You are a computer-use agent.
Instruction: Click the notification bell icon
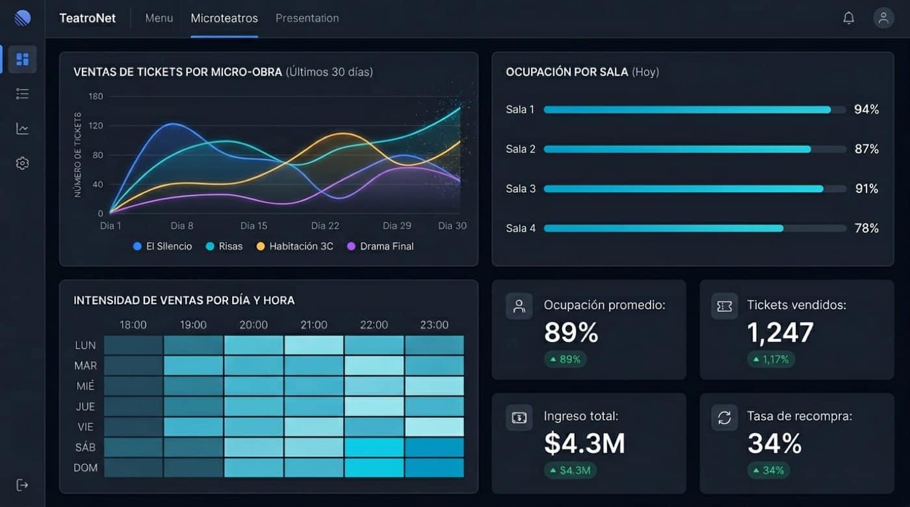coord(848,18)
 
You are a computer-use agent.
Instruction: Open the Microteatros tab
coord(224,18)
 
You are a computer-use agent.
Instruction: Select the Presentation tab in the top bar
coord(307,18)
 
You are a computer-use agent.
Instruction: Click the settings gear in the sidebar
coord(22,163)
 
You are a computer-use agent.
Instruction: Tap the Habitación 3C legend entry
coord(295,246)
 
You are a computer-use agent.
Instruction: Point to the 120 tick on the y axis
coord(96,125)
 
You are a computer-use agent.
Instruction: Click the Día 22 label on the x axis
coord(325,226)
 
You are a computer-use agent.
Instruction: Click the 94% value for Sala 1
coord(866,110)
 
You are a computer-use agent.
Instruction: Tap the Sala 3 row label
coord(521,189)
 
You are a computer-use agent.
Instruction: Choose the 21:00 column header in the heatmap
coord(314,325)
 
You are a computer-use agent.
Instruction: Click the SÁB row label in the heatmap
coord(85,447)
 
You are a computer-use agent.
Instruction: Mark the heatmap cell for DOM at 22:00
coord(374,467)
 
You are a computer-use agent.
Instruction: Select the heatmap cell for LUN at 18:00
coord(133,345)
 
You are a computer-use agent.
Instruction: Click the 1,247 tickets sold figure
coord(780,332)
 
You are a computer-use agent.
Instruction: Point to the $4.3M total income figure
coord(584,443)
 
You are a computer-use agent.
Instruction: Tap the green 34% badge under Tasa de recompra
coord(768,470)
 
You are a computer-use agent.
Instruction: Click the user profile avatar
coord(883,18)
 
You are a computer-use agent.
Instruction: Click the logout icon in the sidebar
coord(22,485)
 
